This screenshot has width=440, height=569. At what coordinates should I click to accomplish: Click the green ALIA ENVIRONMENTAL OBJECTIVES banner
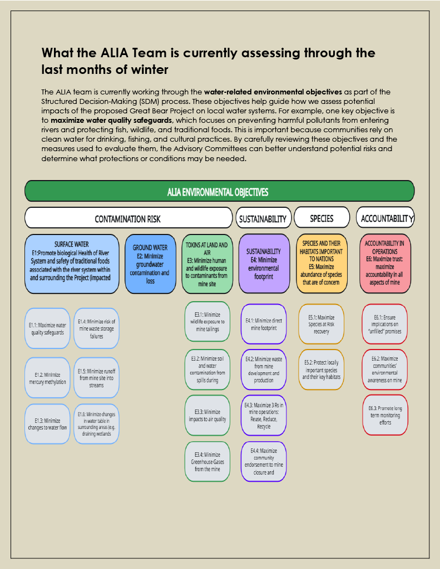tap(219, 191)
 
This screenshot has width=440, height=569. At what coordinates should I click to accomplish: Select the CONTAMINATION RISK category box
tap(128, 218)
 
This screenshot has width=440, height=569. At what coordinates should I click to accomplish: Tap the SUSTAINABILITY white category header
tap(263, 218)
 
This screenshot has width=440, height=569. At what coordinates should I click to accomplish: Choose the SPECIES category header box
tap(322, 217)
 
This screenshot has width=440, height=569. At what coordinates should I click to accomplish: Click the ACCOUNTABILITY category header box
tap(385, 217)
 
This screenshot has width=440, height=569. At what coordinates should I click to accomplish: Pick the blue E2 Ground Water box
tap(150, 264)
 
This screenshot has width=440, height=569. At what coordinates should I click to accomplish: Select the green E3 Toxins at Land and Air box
tap(206, 264)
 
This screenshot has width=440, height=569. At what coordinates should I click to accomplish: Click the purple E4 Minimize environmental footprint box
tap(264, 264)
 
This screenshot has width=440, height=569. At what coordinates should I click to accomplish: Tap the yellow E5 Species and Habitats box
tap(322, 264)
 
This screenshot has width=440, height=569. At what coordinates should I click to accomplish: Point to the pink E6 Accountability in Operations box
tap(384, 264)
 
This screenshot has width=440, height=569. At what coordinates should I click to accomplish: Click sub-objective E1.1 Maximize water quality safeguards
tap(47, 328)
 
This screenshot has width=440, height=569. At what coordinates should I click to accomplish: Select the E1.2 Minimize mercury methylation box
tap(47, 378)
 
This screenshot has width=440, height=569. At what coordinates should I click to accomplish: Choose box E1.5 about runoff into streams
tap(96, 378)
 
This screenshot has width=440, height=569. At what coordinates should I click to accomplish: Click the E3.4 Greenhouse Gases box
tap(207, 461)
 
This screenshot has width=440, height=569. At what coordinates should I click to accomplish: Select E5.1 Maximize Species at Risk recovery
tap(322, 324)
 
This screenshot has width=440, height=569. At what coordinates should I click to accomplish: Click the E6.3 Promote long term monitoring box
tap(384, 415)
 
